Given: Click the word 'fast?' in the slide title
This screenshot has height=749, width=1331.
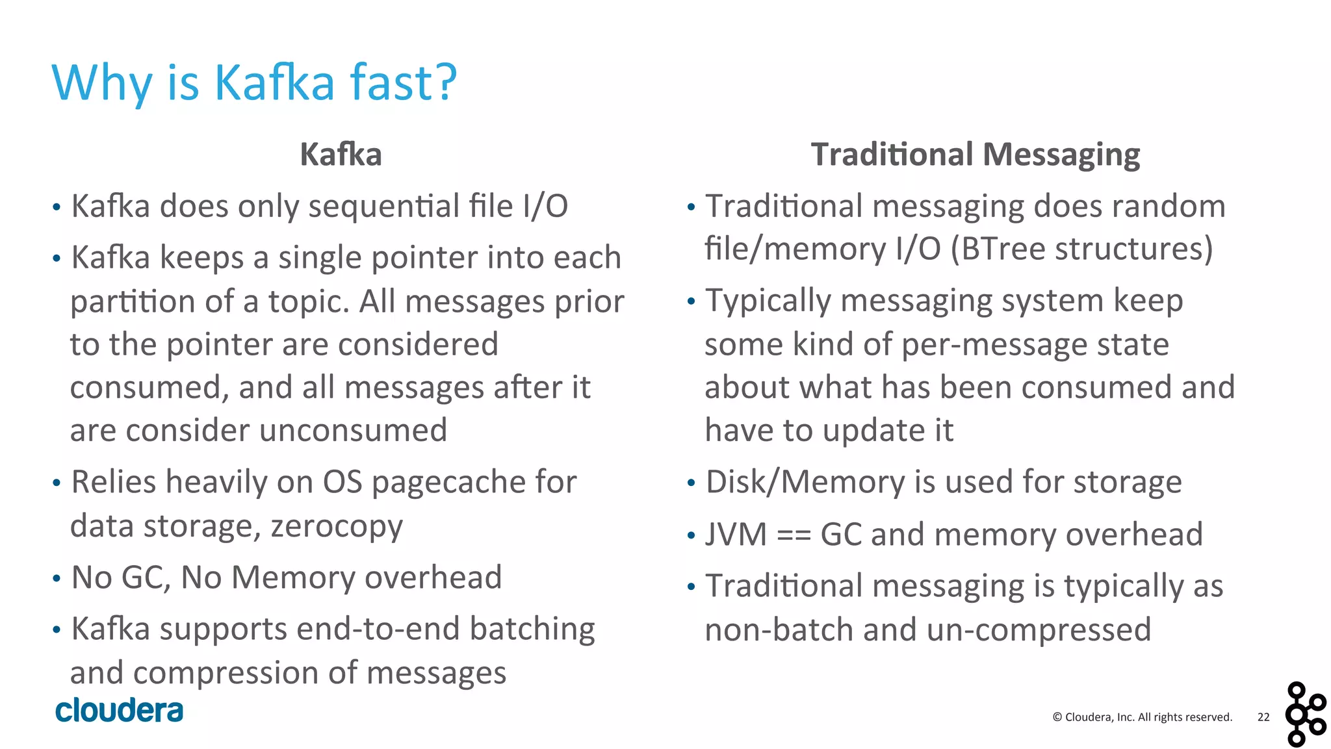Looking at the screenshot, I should (403, 83).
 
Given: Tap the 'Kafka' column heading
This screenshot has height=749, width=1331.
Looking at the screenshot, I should (341, 155).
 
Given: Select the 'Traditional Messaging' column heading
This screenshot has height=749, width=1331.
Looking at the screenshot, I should (975, 155).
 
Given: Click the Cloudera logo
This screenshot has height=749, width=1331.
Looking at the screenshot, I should (120, 710).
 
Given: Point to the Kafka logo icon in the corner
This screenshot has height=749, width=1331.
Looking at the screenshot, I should (1305, 714).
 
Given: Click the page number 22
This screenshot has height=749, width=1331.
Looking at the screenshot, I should (1263, 717).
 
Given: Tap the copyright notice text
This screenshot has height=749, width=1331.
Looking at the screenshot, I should (1142, 717).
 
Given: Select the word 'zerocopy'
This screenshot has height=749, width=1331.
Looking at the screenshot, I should (337, 526).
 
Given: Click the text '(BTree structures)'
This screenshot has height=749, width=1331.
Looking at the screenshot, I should (1081, 249).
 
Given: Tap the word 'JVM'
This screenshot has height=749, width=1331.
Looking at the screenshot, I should (736, 535).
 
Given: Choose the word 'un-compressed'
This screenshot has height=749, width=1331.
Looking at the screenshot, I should (1039, 629).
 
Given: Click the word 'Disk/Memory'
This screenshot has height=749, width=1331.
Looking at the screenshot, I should (805, 482).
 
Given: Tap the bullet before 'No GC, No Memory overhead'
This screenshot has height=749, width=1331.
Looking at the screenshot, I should (57, 578).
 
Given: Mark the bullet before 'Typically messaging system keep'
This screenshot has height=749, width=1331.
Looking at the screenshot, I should (691, 301).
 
